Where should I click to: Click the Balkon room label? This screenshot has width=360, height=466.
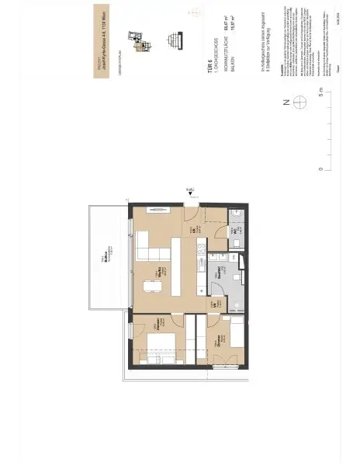click(x=102, y=263)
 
